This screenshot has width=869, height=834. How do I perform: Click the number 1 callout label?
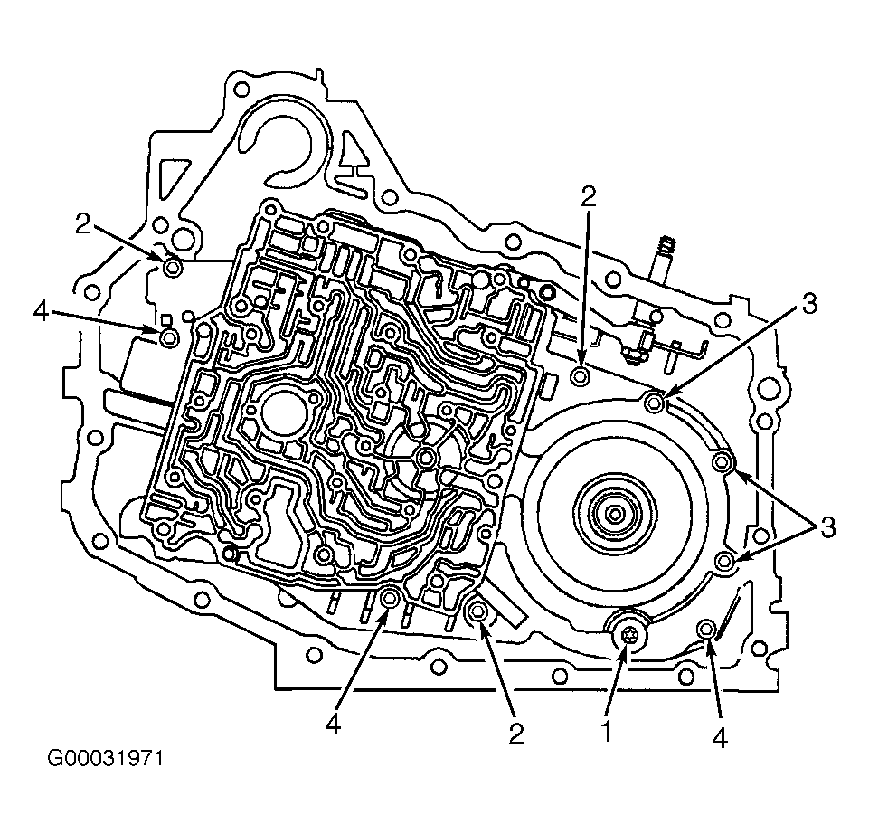(606, 732)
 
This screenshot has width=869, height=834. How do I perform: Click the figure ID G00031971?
(105, 758)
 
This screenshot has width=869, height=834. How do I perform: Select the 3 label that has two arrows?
(826, 527)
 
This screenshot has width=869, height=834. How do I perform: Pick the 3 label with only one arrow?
(808, 304)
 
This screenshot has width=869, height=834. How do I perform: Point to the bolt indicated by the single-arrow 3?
(655, 401)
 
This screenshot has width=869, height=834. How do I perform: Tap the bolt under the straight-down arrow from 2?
(581, 376)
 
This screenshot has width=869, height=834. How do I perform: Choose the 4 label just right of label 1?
(719, 738)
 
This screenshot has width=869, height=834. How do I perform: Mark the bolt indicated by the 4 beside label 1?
(706, 629)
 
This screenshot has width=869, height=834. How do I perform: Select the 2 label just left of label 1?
(516, 734)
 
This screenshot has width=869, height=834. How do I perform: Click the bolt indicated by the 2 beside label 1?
(478, 611)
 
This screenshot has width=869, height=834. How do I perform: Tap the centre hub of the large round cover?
(614, 514)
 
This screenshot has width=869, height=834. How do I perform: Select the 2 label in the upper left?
(82, 224)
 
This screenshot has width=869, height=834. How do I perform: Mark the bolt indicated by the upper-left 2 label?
(173, 269)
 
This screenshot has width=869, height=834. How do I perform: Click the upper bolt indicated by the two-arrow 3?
(723, 460)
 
